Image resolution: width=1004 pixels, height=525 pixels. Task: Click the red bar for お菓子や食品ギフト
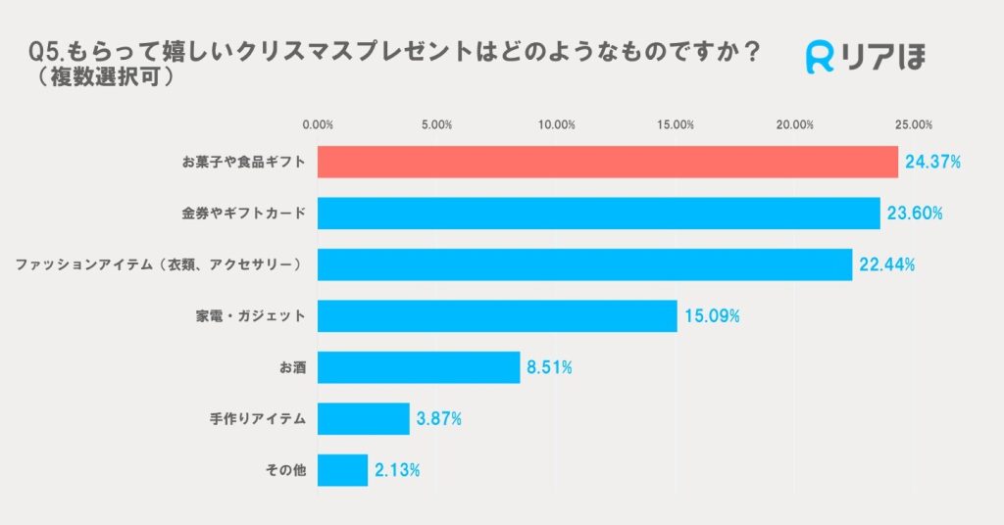point(608,162)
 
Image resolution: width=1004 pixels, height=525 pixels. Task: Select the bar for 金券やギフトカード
point(599,213)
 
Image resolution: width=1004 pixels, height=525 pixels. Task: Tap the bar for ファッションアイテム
point(585,264)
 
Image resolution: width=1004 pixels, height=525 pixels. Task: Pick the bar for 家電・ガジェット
point(497,316)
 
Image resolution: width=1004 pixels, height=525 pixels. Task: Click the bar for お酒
point(419,367)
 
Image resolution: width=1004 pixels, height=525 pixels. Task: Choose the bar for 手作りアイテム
point(364,419)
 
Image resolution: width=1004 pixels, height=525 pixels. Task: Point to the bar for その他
point(342,470)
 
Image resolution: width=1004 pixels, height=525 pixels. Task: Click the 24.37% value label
point(932,162)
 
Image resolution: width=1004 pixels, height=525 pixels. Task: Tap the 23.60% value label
point(915,213)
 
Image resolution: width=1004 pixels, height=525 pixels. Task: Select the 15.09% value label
point(712,316)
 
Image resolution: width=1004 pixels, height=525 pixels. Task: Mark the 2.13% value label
point(397,470)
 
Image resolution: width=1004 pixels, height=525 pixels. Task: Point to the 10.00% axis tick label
point(557,125)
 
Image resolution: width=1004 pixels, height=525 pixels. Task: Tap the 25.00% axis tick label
point(914,125)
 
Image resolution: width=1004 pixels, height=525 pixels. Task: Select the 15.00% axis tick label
point(676,125)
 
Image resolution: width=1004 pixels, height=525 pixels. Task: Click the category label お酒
point(292,367)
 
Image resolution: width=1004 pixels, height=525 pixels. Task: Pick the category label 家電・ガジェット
point(251,316)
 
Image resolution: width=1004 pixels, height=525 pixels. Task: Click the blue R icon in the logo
point(820,58)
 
